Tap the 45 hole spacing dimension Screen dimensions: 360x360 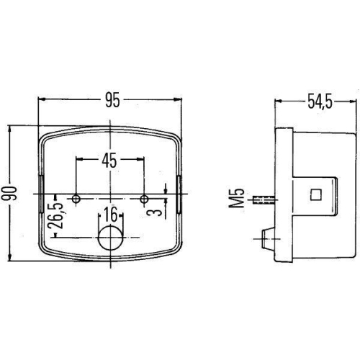109,160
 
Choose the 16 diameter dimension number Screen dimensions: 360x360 109,214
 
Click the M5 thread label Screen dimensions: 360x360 240,197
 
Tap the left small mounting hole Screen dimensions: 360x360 76,197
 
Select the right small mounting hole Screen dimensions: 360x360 145,197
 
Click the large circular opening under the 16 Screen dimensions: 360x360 110,237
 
